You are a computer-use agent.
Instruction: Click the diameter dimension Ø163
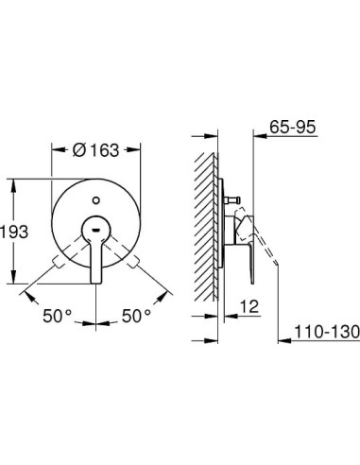pyautogui.click(x=98, y=148)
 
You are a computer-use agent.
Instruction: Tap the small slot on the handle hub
pyautogui.click(x=98, y=228)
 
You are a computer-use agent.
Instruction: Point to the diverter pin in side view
pyautogui.click(x=231, y=202)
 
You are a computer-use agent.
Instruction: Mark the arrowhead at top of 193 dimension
pyautogui.click(x=13, y=185)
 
